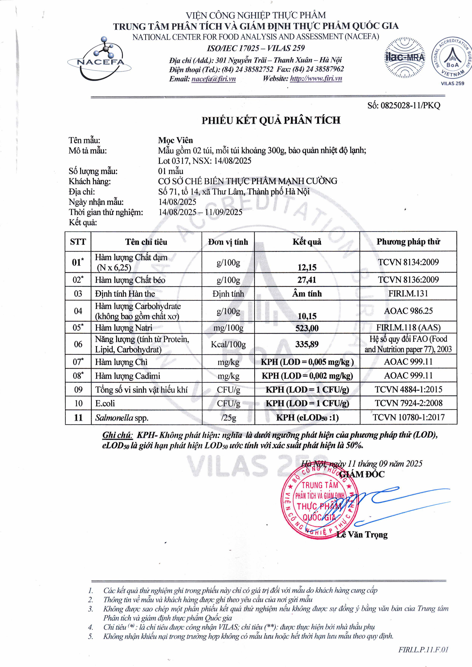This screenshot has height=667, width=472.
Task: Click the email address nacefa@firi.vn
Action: pos(214,79)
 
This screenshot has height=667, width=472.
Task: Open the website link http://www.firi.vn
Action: pos(316,79)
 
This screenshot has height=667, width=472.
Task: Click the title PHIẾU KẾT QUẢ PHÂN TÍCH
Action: pos(271,120)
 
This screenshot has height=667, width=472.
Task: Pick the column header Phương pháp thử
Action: pos(408,241)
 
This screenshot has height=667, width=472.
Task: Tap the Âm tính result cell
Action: pos(307,294)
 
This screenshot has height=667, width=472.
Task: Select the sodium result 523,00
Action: pos(307,328)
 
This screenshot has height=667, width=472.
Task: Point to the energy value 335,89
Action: pos(307,344)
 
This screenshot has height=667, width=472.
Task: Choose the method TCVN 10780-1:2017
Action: pos(408,418)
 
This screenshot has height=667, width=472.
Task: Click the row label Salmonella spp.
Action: pos(122,418)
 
